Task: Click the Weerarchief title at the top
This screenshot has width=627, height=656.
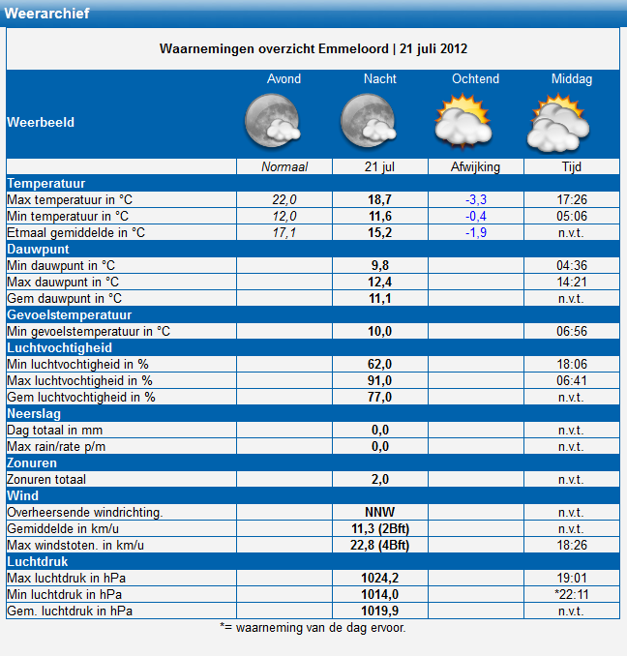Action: [46, 14]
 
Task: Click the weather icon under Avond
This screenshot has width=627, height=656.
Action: [273, 121]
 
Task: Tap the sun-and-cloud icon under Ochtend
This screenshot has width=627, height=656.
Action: [463, 121]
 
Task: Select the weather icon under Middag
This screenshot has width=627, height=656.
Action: [558, 123]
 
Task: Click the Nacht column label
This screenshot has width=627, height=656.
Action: [380, 78]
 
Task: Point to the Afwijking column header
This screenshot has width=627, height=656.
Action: [475, 167]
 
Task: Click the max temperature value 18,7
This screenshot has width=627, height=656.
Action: [380, 199]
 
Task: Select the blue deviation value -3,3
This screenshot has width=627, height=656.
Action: [476, 199]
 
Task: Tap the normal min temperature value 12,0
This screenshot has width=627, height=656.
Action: [284, 216]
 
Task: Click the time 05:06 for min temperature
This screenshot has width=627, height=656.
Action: [572, 216]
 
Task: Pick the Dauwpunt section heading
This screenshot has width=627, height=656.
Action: [38, 249]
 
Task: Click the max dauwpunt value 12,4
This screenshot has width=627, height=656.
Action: [380, 282]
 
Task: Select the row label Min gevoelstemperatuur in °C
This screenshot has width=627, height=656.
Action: [89, 331]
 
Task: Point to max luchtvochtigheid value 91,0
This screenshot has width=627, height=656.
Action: [380, 380]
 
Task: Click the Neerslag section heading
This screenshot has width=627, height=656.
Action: [34, 413]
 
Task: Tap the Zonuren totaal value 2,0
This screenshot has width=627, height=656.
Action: [380, 479]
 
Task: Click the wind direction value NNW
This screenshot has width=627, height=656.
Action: [380, 512]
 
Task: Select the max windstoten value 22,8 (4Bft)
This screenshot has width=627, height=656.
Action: [380, 545]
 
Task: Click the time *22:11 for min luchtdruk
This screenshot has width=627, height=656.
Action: [572, 594]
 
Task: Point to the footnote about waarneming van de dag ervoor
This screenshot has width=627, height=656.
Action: [313, 628]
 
